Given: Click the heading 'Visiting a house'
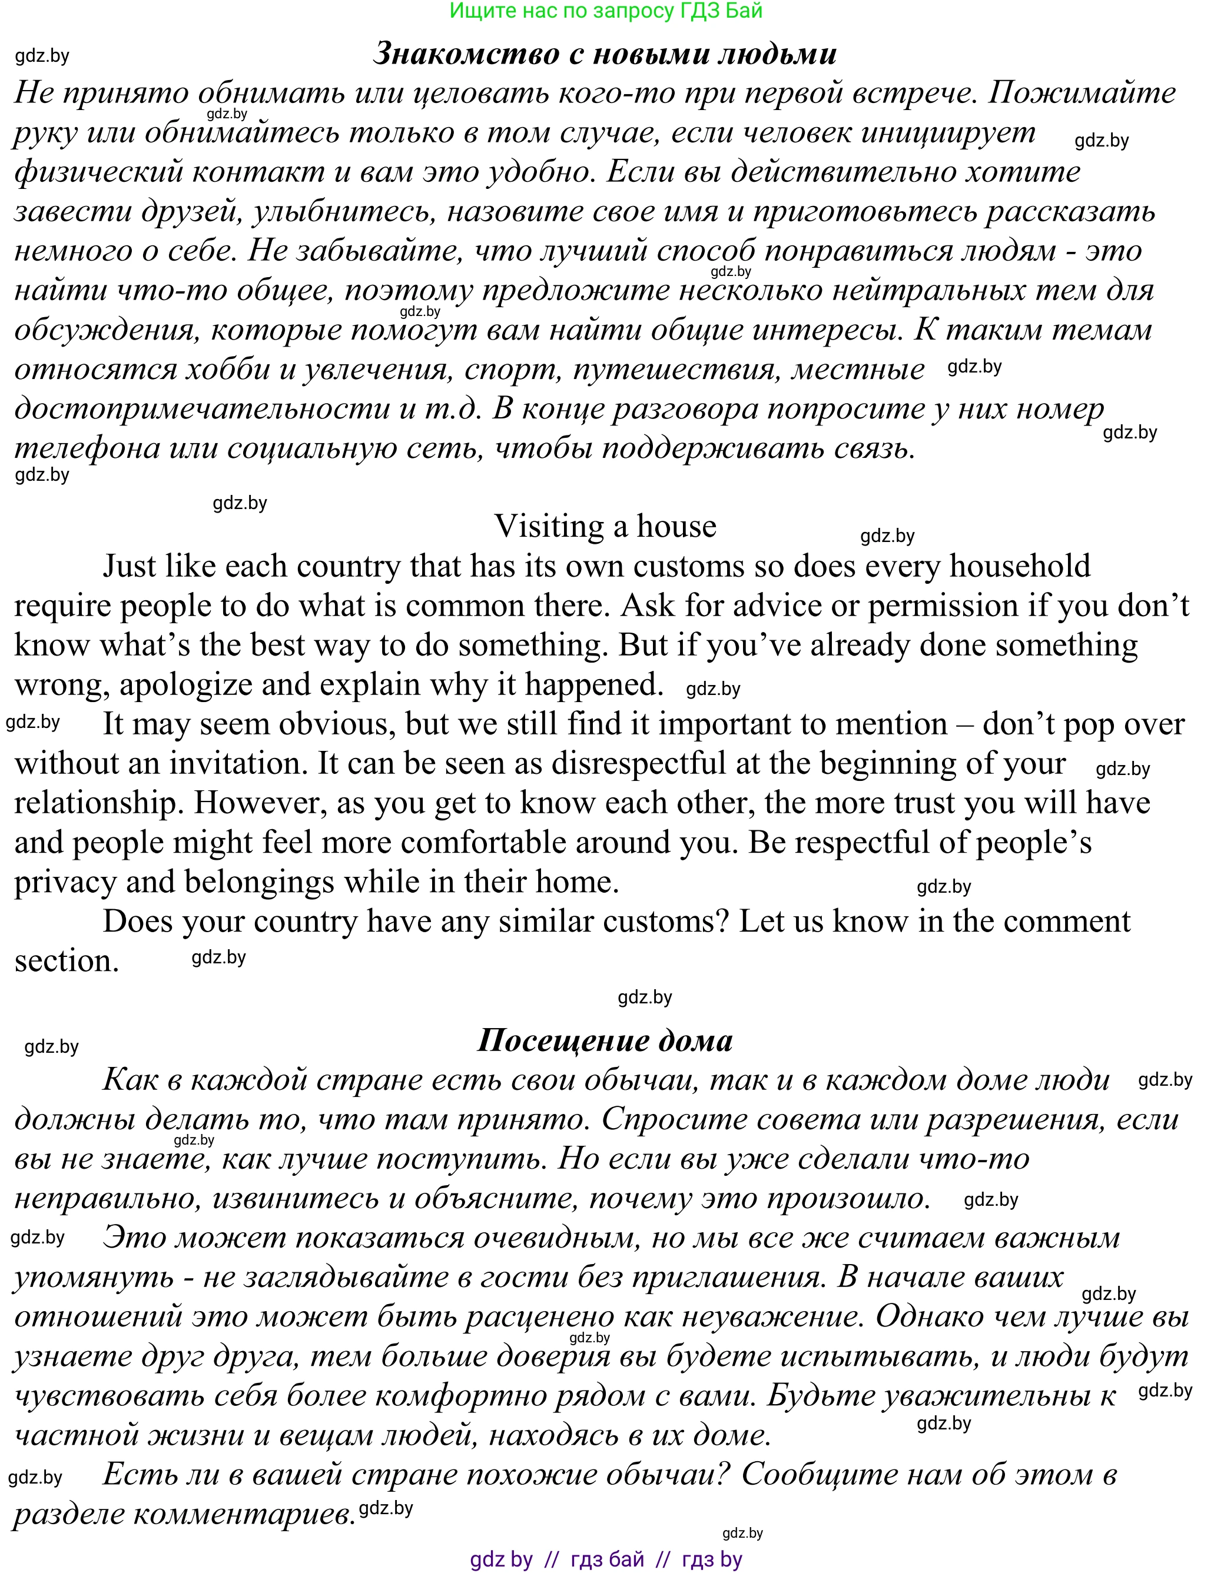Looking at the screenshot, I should coord(605,527).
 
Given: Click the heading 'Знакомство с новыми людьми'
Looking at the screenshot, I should coord(605,54).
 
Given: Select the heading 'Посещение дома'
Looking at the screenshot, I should coord(605,1041).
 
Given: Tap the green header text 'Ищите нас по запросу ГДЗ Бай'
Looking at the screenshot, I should coord(605,11).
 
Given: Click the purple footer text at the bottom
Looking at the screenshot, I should coord(605,1560).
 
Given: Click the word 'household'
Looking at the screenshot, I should coord(1020,566).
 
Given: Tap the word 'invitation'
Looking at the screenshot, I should coord(233,763).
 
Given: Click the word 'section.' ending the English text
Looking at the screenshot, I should coord(67,962).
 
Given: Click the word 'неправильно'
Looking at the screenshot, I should coord(106,1199).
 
